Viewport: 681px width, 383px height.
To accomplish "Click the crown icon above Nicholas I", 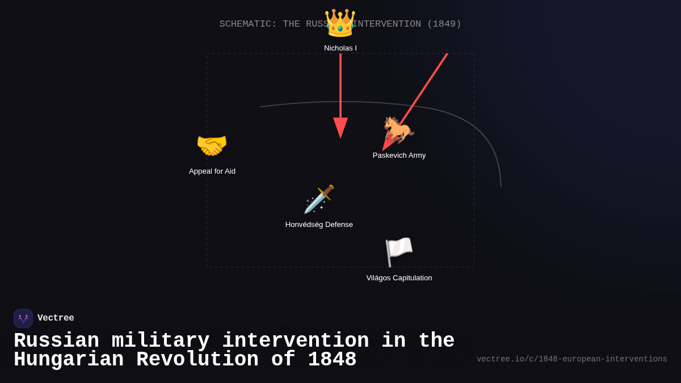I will [340, 23].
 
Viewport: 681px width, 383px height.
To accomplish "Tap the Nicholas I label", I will [340, 48].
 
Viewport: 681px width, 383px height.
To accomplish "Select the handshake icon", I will [212, 146].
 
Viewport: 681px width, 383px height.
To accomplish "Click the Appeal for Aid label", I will [212, 171].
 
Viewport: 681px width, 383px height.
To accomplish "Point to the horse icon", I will [399, 130].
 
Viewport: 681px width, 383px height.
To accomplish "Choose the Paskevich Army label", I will [399, 155].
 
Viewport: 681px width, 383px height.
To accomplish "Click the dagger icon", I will [319, 199].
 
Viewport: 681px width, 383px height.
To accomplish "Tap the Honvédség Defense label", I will [319, 225].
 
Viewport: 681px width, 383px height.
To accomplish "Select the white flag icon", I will [399, 252].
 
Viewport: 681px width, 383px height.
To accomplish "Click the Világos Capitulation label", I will [399, 278].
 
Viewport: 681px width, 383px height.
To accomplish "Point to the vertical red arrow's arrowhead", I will [340, 128].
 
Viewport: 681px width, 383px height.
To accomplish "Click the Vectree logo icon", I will [23, 318].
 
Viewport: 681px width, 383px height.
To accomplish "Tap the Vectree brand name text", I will [56, 318].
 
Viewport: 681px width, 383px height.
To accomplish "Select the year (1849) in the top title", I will [444, 24].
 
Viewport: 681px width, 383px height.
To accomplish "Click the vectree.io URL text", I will [571, 359].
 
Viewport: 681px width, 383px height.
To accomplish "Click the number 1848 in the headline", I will [332, 360].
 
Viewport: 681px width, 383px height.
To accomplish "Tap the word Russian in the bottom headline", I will [56, 341].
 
